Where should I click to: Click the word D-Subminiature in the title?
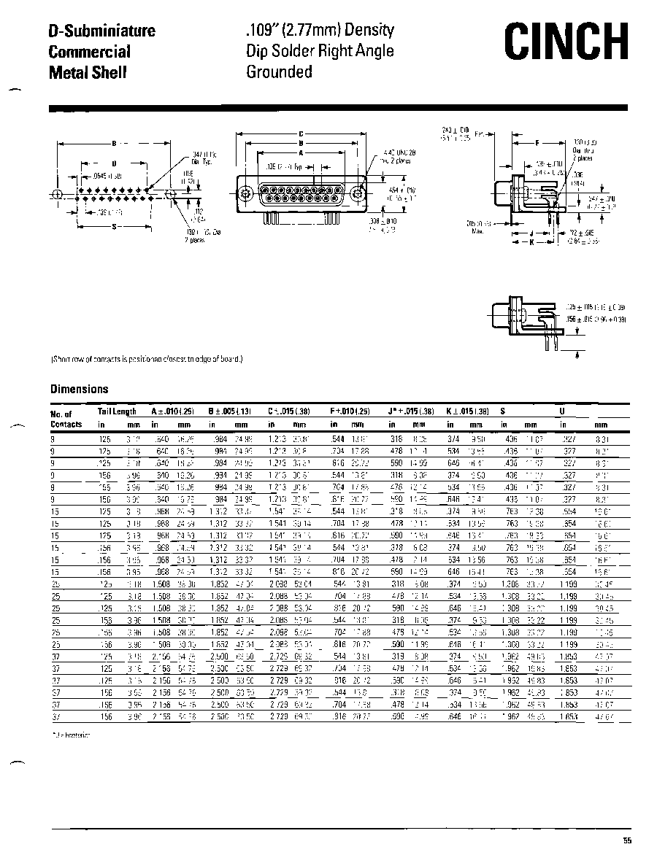coord(101,31)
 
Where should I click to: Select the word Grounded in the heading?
coord(279,71)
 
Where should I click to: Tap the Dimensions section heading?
coord(79,389)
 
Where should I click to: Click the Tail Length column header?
coord(117,411)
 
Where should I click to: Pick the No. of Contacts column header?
coord(66,419)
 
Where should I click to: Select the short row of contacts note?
coord(146,359)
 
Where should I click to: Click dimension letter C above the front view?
coord(300,134)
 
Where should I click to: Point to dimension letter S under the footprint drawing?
coord(115,226)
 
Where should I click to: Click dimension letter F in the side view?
coord(538,142)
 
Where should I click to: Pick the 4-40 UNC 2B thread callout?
coord(397,156)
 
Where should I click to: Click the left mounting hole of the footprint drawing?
coord(57,194)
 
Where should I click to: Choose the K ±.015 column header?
coord(467,411)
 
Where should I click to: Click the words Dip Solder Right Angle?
coord(320,51)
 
